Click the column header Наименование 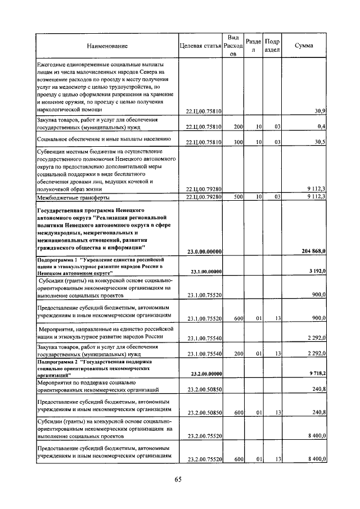[x=107, y=46]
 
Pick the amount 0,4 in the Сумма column [x=322, y=127]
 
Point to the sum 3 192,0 [x=318, y=272]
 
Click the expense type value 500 [x=238, y=197]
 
